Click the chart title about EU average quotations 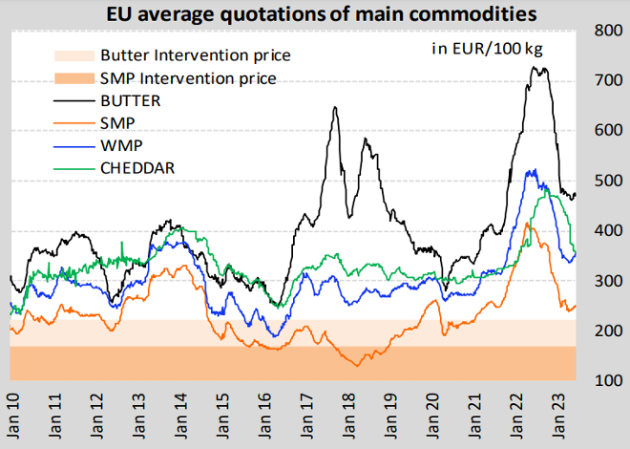[322, 14]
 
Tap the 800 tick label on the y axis [608, 31]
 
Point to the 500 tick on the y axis [608, 181]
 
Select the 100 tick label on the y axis [608, 380]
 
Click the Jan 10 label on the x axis [13, 416]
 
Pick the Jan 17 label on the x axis [306, 416]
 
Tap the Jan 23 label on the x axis [557, 416]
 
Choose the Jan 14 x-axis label [180, 416]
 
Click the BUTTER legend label [131, 101]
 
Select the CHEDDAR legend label [137, 168]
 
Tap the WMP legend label [121, 146]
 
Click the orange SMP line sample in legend [74, 123]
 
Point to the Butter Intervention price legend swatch [74, 55]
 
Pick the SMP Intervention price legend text [188, 78]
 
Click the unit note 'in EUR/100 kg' [488, 49]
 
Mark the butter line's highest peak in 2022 [535, 67]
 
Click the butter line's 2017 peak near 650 [335, 107]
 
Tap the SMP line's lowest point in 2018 [357, 366]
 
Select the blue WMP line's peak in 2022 [535, 170]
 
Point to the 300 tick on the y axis [608, 281]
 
